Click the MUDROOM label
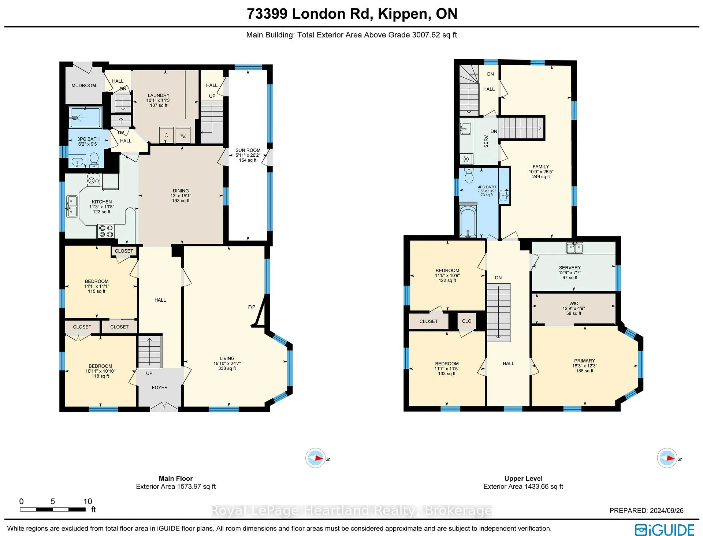[83, 86]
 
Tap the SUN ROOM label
[248, 150]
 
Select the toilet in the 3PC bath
[94, 160]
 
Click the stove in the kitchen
[106, 231]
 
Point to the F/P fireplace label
[252, 307]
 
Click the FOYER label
[160, 387]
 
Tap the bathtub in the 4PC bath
[468, 222]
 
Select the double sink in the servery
[574, 248]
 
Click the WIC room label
[574, 304]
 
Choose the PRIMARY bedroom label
[584, 361]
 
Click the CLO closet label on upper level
[467, 321]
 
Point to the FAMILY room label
[541, 167]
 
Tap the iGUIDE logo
[664, 530]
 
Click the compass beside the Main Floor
[316, 458]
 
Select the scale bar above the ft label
[53, 509]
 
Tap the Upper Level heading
[523, 479]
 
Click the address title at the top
[352, 14]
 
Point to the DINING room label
[181, 191]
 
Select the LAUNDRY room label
[159, 95]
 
